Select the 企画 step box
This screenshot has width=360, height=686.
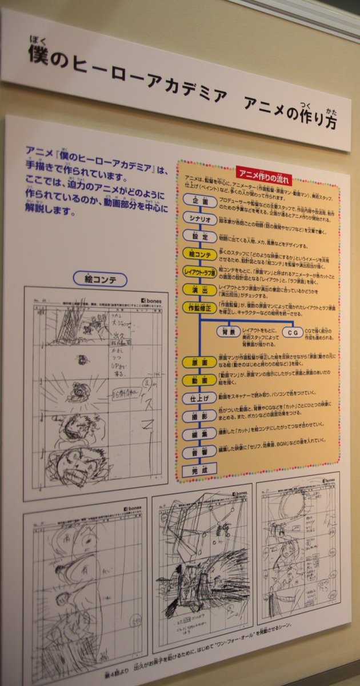(200, 201)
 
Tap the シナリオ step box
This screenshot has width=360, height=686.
(200, 218)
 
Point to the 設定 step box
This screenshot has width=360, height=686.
(200, 236)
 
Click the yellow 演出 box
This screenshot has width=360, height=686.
(200, 290)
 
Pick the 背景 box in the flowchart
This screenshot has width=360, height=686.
(228, 332)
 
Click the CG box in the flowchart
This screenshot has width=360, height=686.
(293, 333)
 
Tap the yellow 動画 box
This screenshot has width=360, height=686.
(199, 380)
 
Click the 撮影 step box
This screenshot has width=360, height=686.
(199, 417)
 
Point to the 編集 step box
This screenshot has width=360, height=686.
(199, 434)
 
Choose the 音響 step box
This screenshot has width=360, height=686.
(199, 453)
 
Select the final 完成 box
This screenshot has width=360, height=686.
(199, 471)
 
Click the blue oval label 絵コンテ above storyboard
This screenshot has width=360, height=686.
(101, 279)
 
